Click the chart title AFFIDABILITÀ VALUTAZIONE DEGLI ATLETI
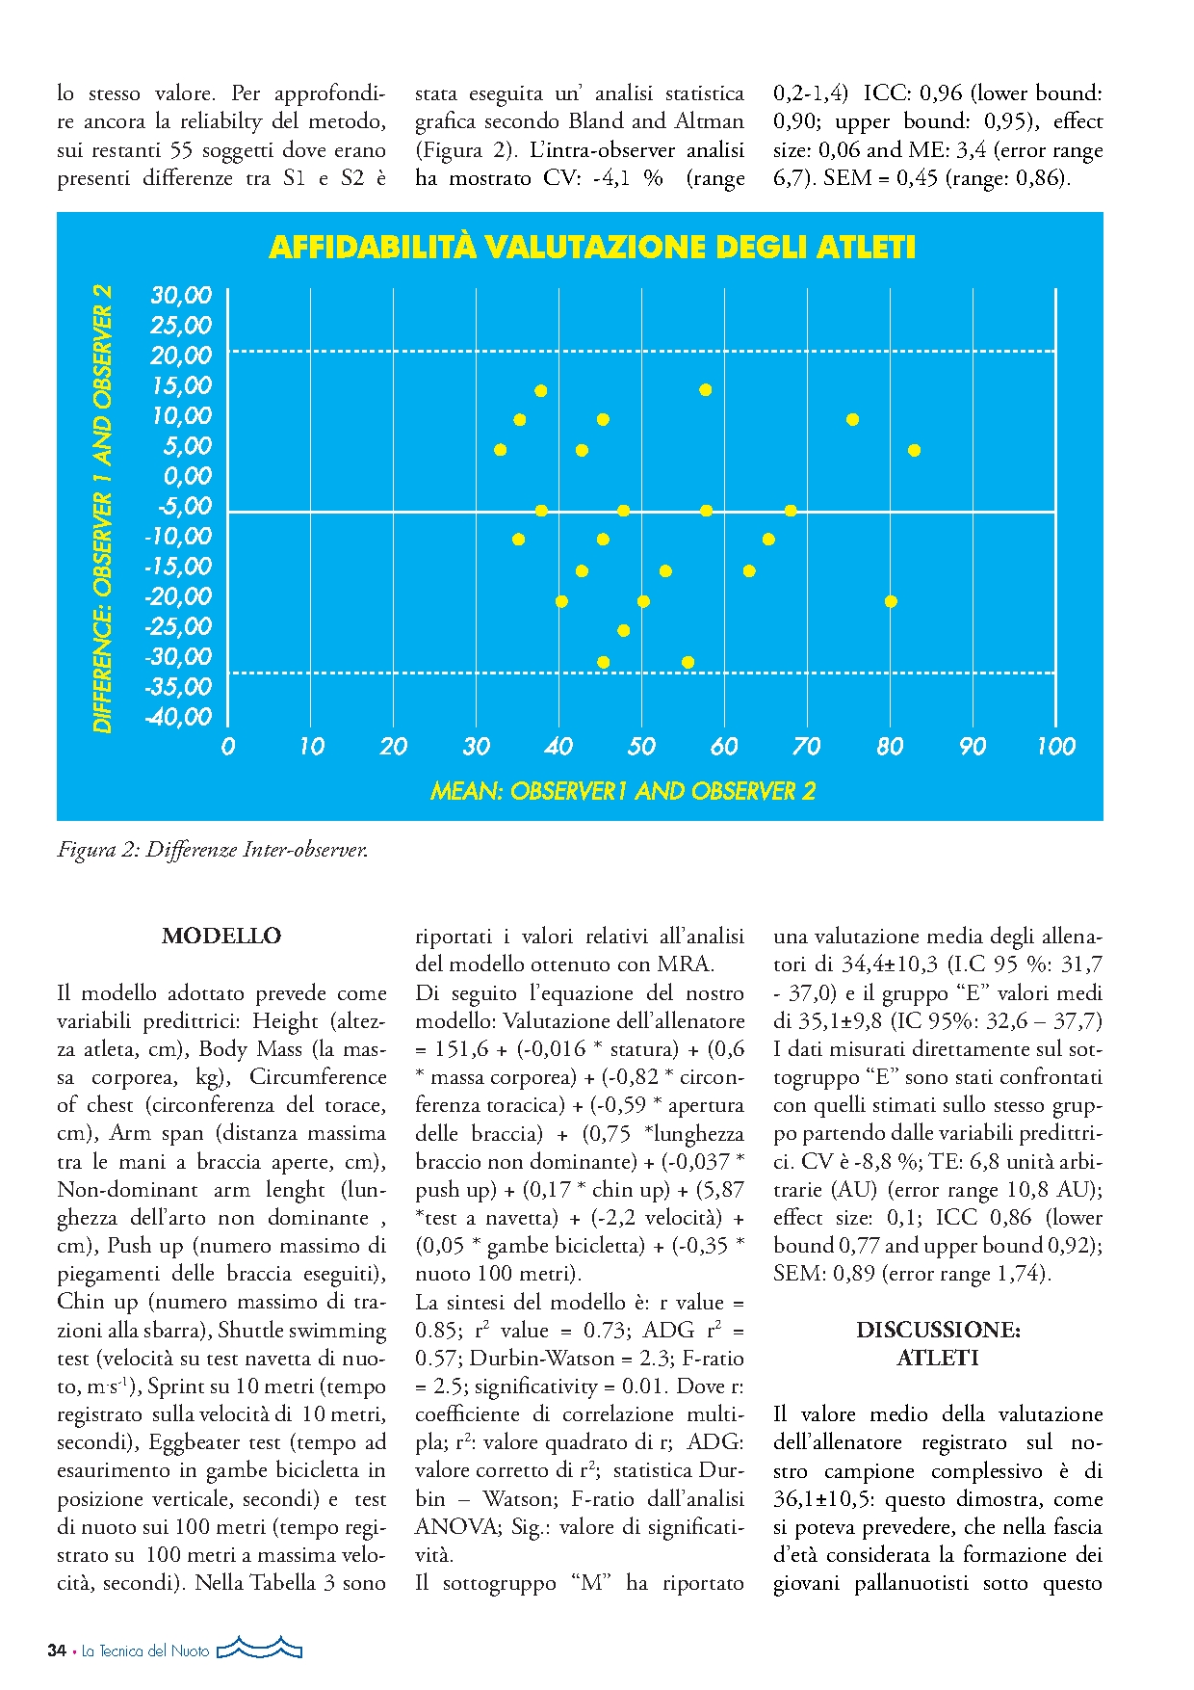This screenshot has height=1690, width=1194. (591, 248)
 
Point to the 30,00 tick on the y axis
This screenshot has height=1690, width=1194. (181, 296)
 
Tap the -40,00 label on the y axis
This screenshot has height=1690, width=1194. (178, 717)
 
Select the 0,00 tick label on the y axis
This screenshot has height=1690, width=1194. (187, 476)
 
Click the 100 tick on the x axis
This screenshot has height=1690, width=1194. (1055, 747)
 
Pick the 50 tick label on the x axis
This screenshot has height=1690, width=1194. (641, 747)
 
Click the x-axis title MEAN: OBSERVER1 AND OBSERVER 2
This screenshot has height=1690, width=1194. (622, 792)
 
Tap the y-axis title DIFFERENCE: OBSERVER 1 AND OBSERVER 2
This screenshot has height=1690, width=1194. (103, 509)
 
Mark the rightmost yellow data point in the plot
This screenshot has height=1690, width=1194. (914, 450)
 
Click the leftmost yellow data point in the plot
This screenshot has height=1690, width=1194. (500, 450)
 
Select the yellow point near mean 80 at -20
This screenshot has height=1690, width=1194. (891, 601)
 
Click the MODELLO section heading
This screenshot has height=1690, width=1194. (221, 936)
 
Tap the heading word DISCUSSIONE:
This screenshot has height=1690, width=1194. (938, 1330)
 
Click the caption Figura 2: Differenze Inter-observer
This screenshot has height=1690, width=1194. (213, 850)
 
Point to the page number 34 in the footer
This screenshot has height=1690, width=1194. (57, 1650)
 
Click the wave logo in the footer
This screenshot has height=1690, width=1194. (260, 1648)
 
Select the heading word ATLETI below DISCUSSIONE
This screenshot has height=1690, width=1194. (938, 1359)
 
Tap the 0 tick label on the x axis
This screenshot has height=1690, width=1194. (228, 747)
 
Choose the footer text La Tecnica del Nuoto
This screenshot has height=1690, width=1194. (145, 1651)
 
